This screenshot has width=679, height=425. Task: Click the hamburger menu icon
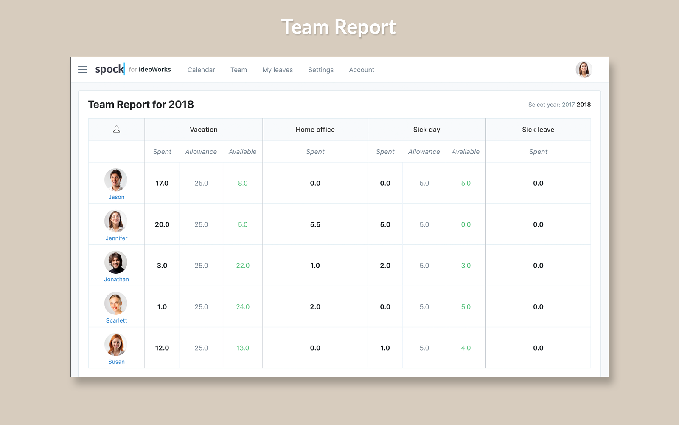[x=82, y=70]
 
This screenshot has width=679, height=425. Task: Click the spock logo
[x=110, y=69]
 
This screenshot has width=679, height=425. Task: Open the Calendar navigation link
[x=201, y=70]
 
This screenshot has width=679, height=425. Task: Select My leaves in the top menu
[x=278, y=70]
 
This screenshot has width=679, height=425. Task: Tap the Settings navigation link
[x=321, y=70]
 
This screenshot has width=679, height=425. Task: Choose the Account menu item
[x=362, y=70]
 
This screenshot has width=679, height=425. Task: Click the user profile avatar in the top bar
[x=584, y=70]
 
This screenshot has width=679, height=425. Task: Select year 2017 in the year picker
[x=568, y=105]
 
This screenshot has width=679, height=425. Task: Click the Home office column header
[x=315, y=130]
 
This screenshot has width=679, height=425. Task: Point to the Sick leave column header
[x=538, y=130]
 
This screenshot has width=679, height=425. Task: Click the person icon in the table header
[x=116, y=129]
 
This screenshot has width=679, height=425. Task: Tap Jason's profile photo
[x=116, y=180]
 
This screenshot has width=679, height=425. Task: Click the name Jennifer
[x=116, y=238]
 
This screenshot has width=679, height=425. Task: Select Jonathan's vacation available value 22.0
[x=243, y=266]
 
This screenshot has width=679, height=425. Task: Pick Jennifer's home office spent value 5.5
[x=315, y=224]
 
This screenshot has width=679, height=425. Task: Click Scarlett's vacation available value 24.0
[x=243, y=307]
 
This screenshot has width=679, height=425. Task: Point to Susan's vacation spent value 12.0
[x=162, y=348]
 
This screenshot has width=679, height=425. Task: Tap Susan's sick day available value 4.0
[x=466, y=348]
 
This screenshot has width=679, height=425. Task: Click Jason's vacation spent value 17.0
[x=162, y=183]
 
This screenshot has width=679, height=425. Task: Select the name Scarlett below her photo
[x=116, y=320]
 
